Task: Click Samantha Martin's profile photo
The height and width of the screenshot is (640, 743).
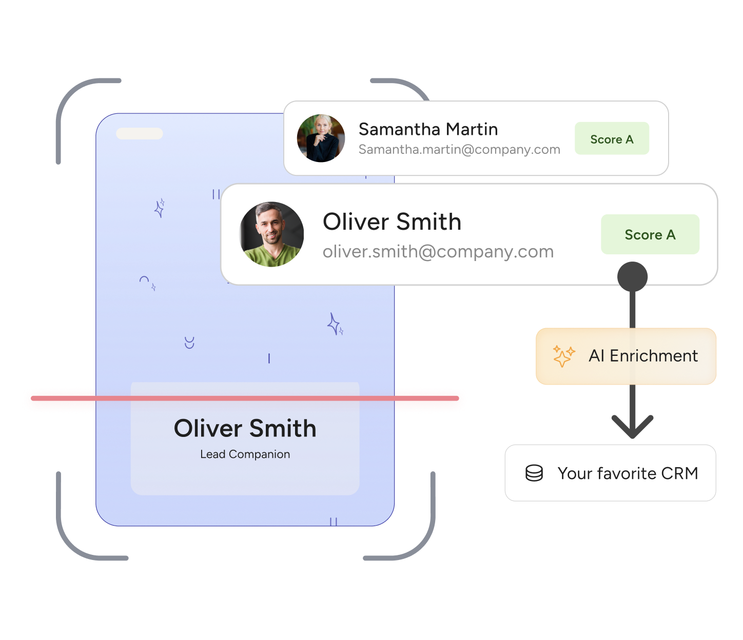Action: click(x=321, y=138)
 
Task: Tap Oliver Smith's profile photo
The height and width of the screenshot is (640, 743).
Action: click(x=272, y=234)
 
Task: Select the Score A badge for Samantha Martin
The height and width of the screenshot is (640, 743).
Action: click(x=612, y=139)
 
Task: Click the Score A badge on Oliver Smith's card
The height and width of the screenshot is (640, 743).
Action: click(x=650, y=234)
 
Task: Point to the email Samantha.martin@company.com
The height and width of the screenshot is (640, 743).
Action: click(x=459, y=150)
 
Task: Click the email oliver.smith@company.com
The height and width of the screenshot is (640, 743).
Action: click(x=438, y=252)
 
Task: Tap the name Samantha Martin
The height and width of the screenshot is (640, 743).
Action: click(x=428, y=129)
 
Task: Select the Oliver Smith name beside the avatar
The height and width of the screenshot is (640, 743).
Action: click(x=392, y=222)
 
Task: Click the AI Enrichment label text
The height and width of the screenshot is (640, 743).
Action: click(x=643, y=356)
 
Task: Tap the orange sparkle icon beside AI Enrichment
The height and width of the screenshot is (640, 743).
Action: click(x=563, y=356)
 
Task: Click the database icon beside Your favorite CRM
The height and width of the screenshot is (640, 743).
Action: click(x=534, y=473)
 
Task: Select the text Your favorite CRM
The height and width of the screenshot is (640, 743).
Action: click(x=628, y=473)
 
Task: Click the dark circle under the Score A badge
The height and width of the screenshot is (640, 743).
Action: click(x=632, y=277)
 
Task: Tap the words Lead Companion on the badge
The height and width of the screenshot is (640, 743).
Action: click(x=245, y=454)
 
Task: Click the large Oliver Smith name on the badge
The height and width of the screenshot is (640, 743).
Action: click(x=245, y=429)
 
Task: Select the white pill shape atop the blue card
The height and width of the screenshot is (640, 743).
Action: click(x=140, y=133)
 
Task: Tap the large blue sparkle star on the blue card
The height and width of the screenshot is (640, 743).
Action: click(x=334, y=324)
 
